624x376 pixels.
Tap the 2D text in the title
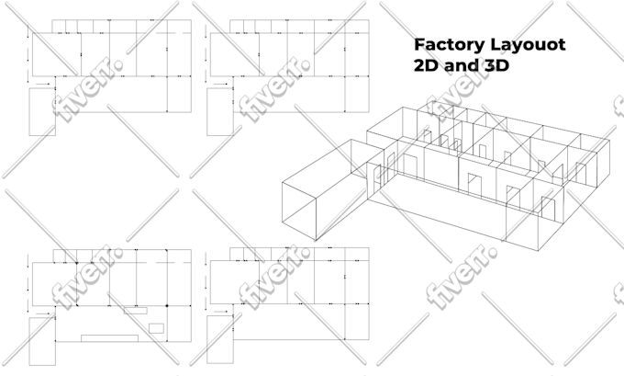click(426, 65)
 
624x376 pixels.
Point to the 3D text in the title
click(497, 65)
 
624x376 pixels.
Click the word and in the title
click(462, 65)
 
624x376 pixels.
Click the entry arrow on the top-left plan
click(42, 85)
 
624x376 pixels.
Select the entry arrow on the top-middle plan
click(220, 85)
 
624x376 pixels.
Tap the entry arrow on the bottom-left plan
click(42, 313)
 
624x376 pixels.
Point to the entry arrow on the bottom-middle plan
click(220, 312)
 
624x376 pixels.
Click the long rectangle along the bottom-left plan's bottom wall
click(109, 338)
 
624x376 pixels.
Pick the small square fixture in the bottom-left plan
click(156, 328)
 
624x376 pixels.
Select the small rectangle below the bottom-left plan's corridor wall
click(135, 310)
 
